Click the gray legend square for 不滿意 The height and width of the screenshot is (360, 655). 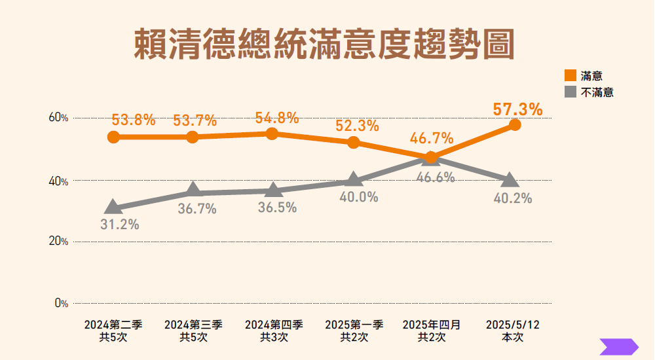tap(570, 92)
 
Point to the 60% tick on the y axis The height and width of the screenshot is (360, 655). tap(58, 118)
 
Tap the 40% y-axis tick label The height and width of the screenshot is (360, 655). tap(58, 181)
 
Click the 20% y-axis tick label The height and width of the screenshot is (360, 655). tap(58, 242)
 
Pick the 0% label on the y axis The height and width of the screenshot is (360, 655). tap(61, 303)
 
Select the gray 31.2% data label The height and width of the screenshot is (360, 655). tap(120, 225)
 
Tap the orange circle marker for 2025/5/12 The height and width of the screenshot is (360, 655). tap(515, 124)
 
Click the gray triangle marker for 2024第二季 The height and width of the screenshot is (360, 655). tap(113, 207)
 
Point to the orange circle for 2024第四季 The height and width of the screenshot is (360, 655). tap(272, 134)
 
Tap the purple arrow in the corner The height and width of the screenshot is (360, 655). tap(618, 347)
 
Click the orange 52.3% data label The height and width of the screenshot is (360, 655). tap(357, 126)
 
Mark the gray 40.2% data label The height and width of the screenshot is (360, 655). tap(512, 198)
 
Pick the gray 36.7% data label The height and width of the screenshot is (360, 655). tap(197, 209)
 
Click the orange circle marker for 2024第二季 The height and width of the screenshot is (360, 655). tap(113, 137)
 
